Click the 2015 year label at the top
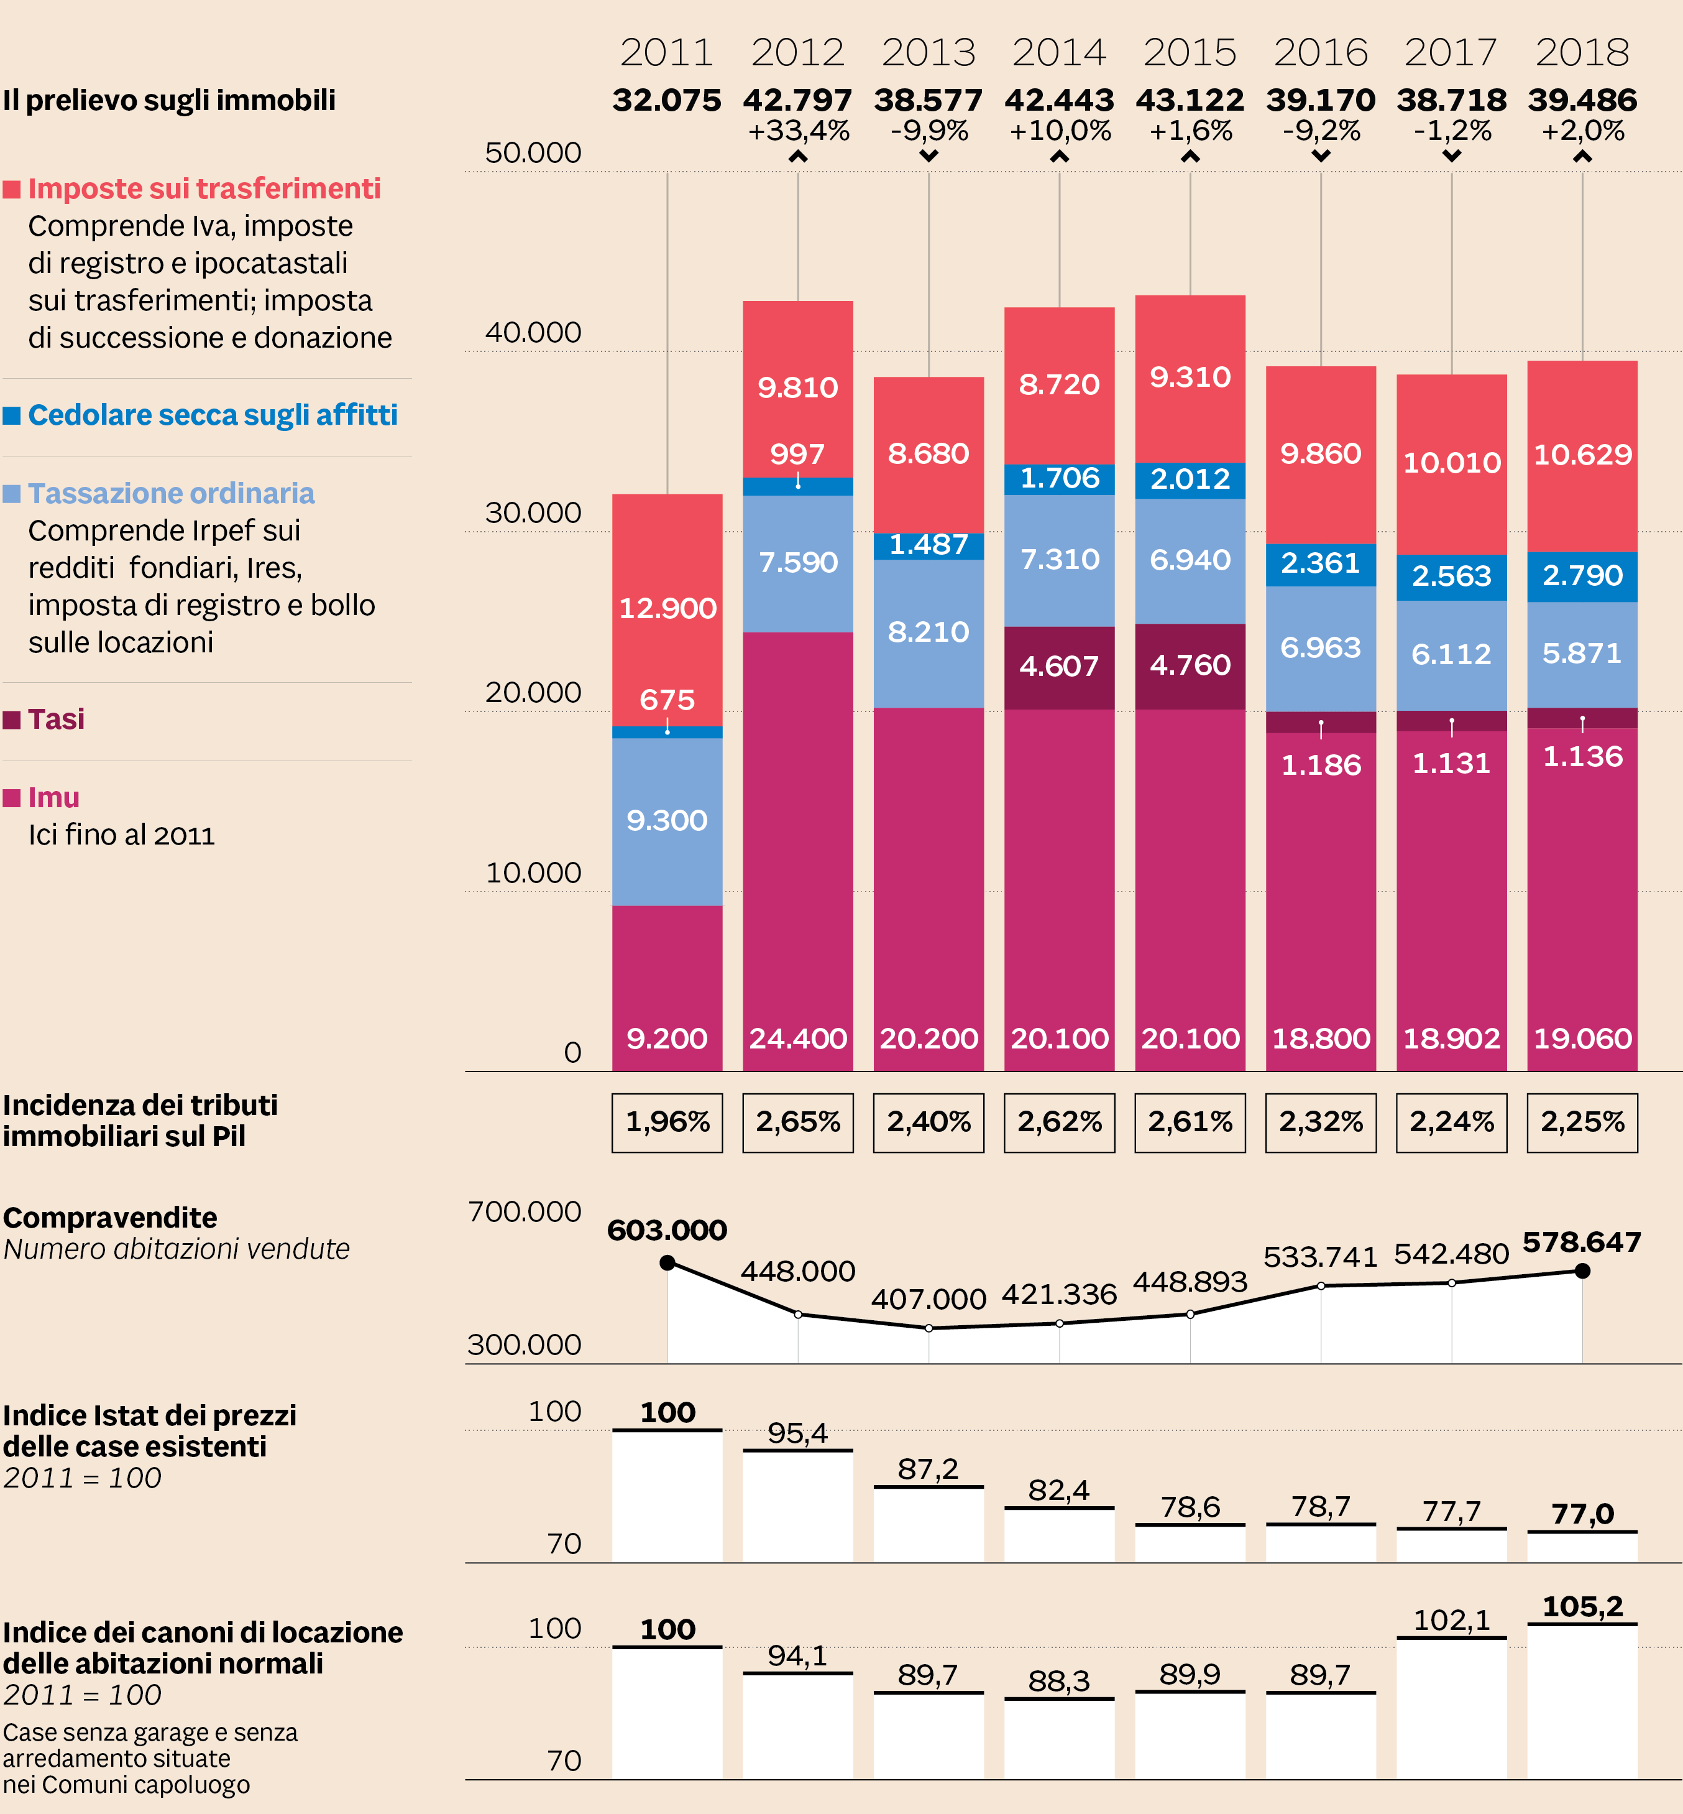pyautogui.click(x=1190, y=53)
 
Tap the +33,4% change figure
pyautogui.click(x=798, y=131)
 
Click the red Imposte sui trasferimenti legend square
pyautogui.click(x=12, y=190)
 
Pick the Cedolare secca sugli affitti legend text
pyautogui.click(x=212, y=415)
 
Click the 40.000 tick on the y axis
pyautogui.click(x=533, y=333)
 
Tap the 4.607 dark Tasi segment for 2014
pyautogui.click(x=1059, y=666)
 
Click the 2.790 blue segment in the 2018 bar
pyautogui.click(x=1582, y=576)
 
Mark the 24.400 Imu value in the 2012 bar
pyautogui.click(x=798, y=1039)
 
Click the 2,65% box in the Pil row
pyautogui.click(x=798, y=1122)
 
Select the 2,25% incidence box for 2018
pyautogui.click(x=1582, y=1122)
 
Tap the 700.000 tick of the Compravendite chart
pyautogui.click(x=524, y=1213)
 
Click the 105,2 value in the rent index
pyautogui.click(x=1582, y=1607)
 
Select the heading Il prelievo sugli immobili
pyautogui.click(x=170, y=100)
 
